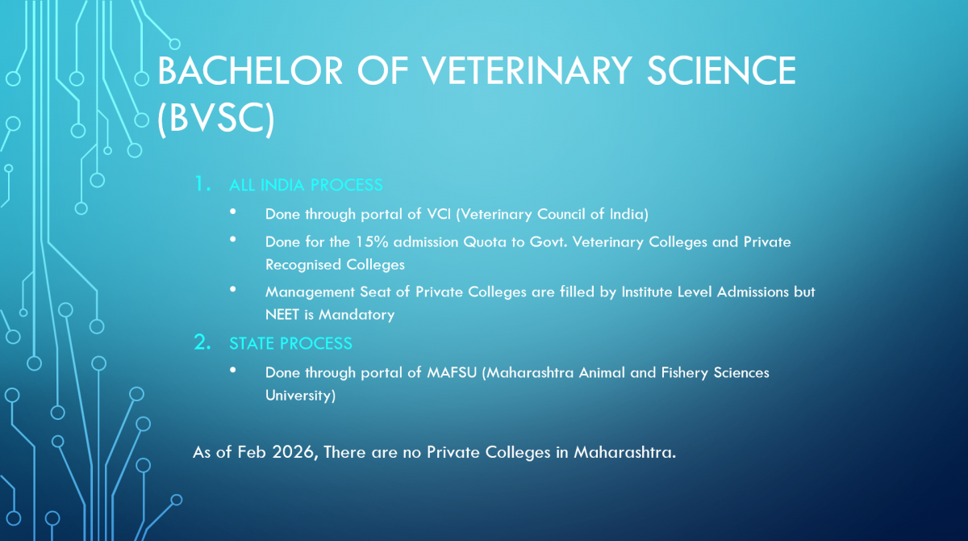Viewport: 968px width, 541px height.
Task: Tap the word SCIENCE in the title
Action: coord(721,70)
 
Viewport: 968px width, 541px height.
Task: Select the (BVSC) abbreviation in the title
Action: coord(215,119)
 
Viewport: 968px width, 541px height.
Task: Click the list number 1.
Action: coord(202,184)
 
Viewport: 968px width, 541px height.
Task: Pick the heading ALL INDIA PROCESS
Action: coord(306,185)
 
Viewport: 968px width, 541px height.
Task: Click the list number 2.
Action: coord(202,342)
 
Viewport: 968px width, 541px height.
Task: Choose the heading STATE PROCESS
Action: coord(291,343)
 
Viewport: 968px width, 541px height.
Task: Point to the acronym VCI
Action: coord(439,214)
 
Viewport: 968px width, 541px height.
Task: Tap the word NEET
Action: coord(282,314)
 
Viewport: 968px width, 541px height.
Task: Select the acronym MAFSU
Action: coord(452,372)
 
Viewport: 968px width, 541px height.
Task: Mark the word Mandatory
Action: coord(357,315)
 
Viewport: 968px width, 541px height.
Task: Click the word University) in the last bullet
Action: coord(300,396)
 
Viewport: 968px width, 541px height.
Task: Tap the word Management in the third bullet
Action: coord(310,292)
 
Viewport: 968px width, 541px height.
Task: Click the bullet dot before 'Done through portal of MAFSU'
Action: coord(233,370)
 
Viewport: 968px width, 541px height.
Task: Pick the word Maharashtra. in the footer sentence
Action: coord(624,452)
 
